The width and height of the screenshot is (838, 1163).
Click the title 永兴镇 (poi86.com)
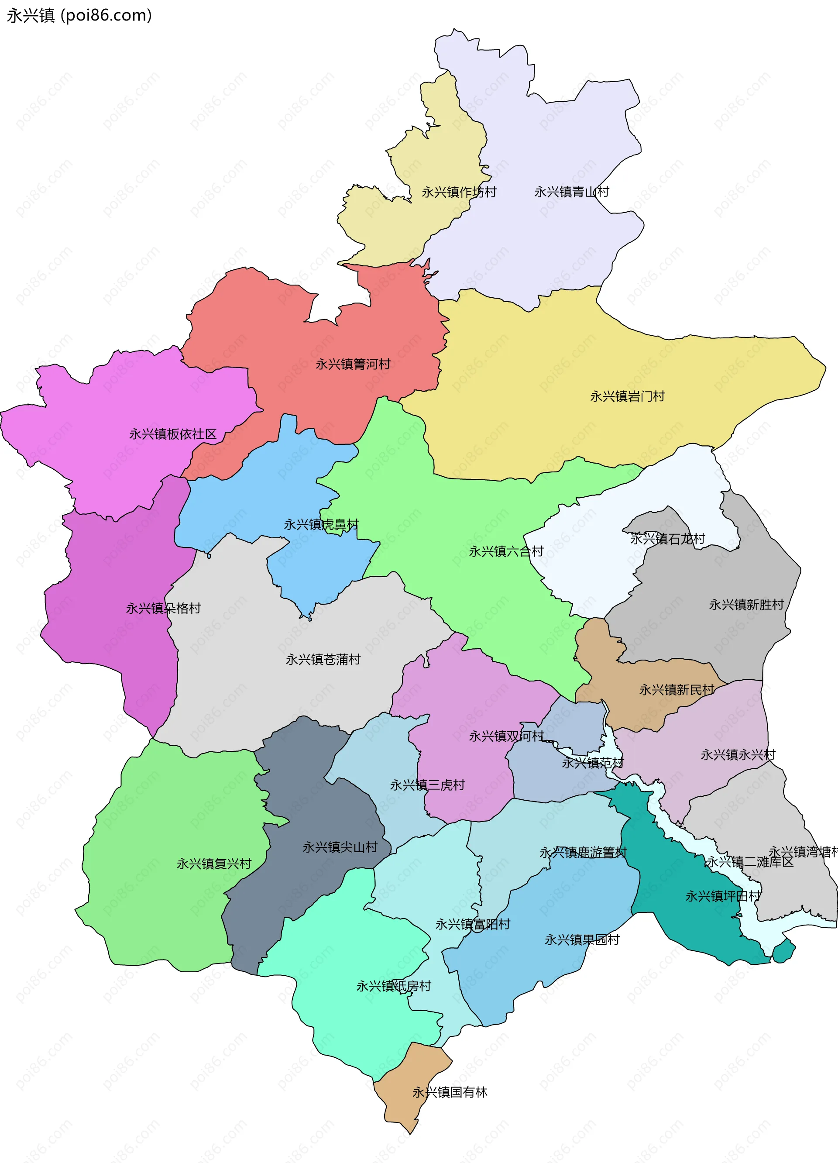pos(79,16)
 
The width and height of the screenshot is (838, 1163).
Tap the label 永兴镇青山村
pos(571,192)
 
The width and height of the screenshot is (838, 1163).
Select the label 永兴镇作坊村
pos(459,192)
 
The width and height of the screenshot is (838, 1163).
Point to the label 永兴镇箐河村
pos(353,364)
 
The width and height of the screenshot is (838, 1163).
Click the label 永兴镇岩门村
pos(627,396)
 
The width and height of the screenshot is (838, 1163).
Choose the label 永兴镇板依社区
pos(173,434)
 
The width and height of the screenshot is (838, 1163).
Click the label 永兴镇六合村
pos(506,551)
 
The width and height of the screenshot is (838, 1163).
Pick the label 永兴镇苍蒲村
pos(323,660)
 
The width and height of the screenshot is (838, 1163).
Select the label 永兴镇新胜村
pos(746,605)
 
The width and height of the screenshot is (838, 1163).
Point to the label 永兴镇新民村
pos(676,690)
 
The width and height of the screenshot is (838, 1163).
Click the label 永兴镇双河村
pos(506,736)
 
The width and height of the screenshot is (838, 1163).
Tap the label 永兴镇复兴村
pos(214,864)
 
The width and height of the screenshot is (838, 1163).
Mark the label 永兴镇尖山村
pos(340,847)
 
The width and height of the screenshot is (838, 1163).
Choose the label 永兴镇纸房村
pos(394,986)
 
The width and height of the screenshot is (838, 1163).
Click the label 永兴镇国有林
pos(450,1092)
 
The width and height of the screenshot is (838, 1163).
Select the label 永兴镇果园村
pos(582,939)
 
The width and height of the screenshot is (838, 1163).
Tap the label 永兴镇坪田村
pos(723,896)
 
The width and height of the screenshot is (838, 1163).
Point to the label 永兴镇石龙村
pos(667,538)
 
